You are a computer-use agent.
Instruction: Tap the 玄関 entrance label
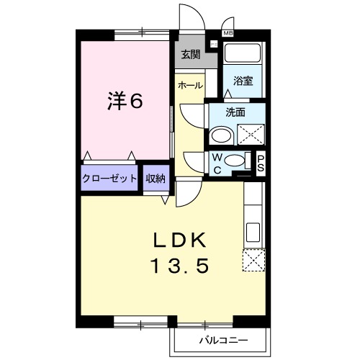[190, 54]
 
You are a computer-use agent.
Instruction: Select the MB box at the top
[228, 33]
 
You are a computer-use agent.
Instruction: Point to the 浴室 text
[243, 82]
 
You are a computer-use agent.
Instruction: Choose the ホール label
[189, 85]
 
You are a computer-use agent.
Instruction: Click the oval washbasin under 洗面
[222, 135]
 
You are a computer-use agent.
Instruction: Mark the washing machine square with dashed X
[251, 135]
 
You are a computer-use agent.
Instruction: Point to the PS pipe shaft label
[261, 164]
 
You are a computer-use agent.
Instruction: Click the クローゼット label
[109, 179]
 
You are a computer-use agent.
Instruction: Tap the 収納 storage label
[156, 179]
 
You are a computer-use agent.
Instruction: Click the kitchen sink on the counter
[253, 233]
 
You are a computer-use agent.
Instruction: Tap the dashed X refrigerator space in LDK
[253, 260]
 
